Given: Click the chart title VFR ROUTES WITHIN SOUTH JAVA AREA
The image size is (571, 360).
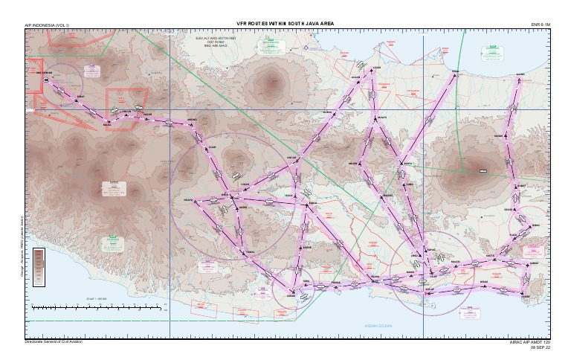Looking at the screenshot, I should tap(285, 24).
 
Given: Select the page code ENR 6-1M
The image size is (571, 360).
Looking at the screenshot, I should tap(541, 24).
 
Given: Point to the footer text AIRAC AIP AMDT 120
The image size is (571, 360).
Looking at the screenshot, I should tap(530, 342).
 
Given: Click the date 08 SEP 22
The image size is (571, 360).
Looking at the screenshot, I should tap(541, 347).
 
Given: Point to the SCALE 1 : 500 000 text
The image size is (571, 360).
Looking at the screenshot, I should tap(96, 298).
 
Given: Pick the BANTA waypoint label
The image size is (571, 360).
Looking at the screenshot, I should tap(407, 164).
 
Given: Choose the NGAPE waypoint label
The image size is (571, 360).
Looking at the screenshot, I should tap(188, 200).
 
